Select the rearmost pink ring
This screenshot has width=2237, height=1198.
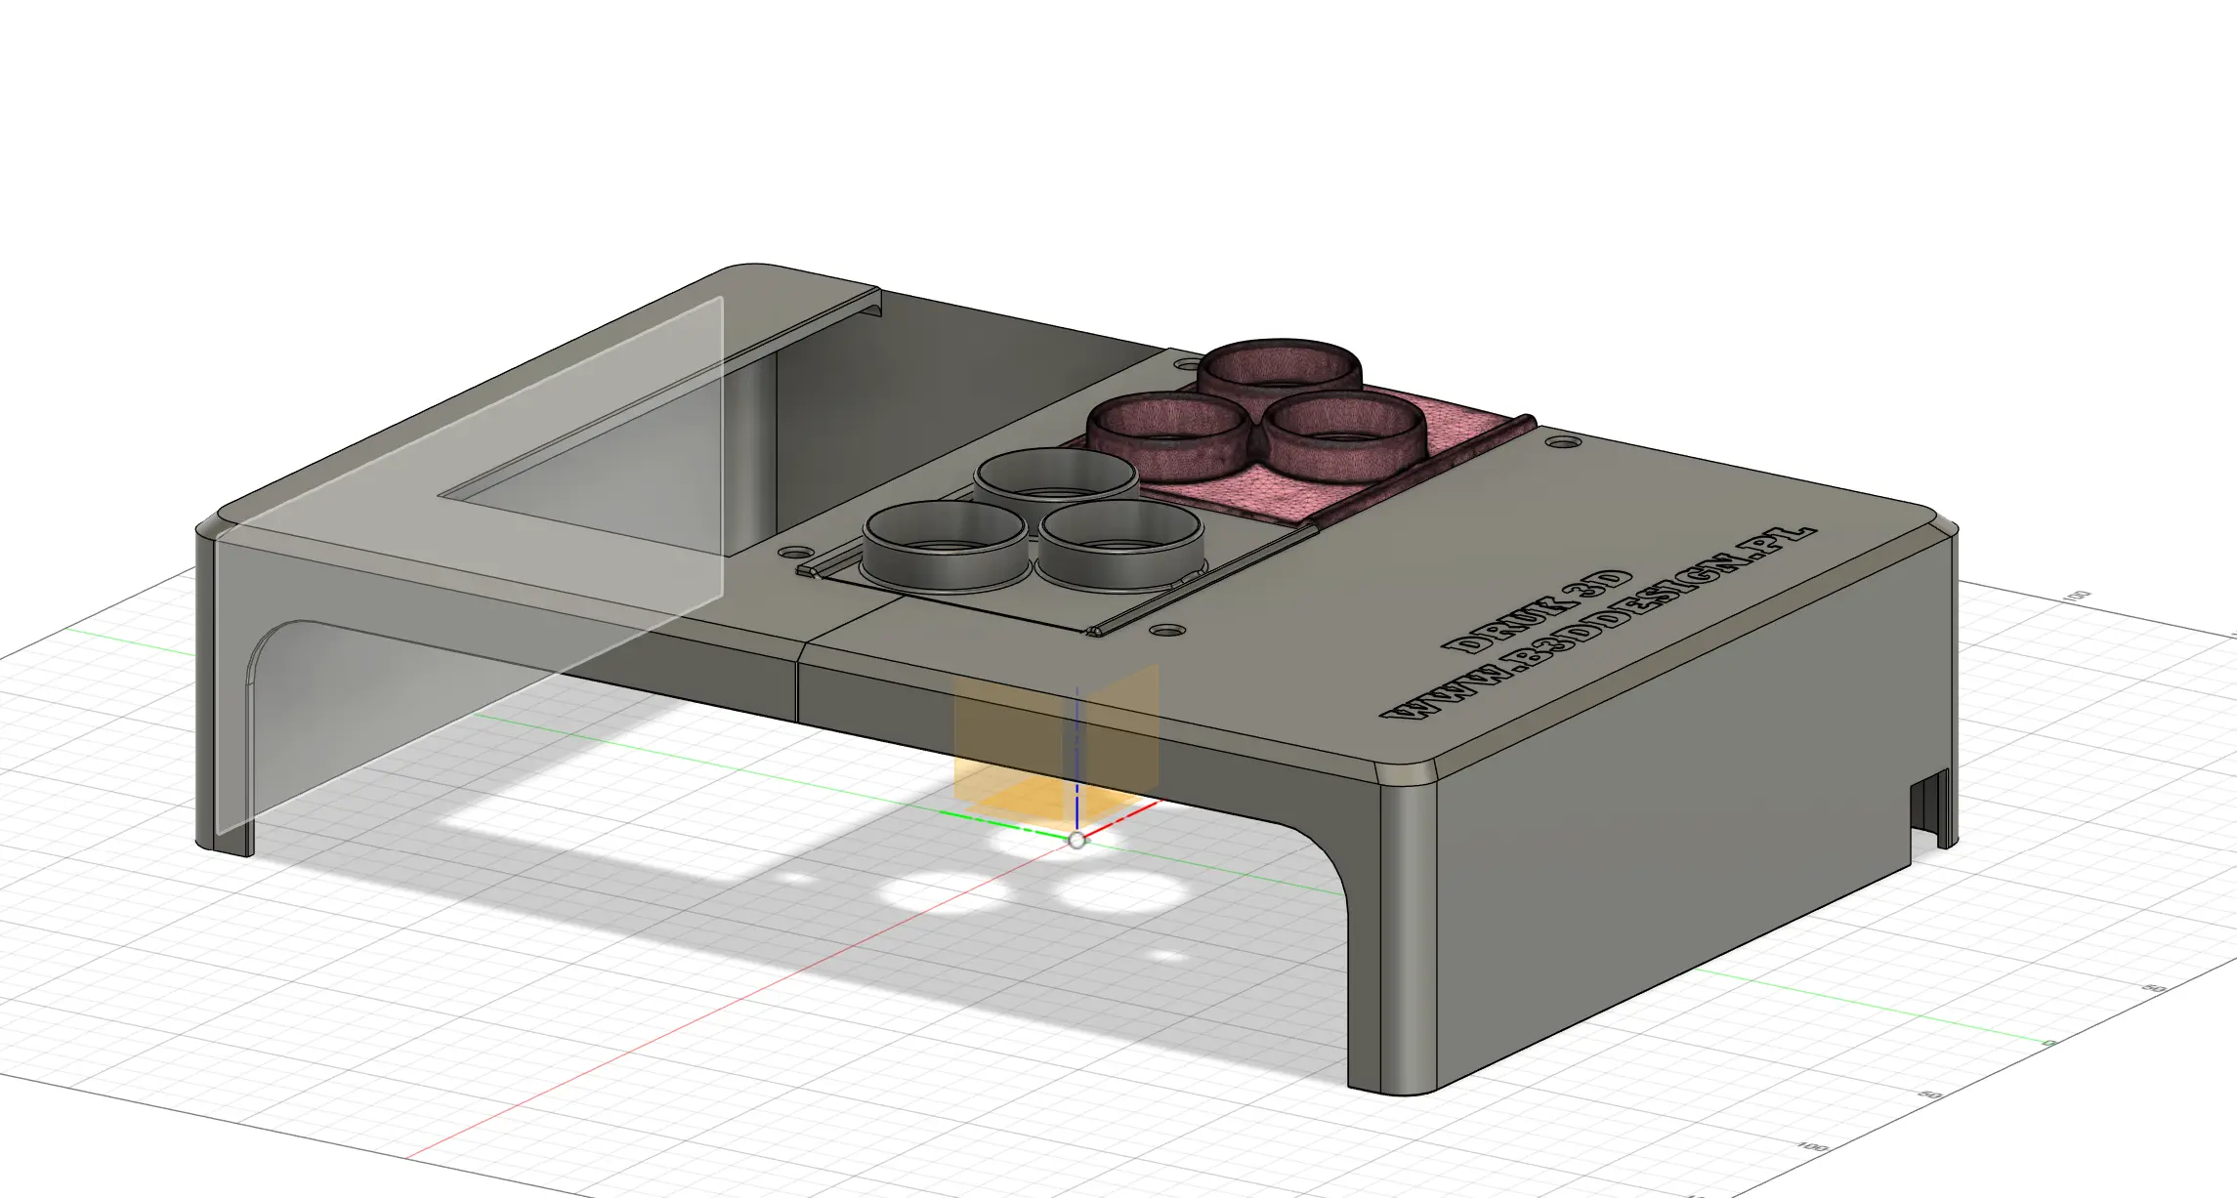pyautogui.click(x=1279, y=369)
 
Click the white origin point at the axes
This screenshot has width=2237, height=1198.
pyautogui.click(x=1076, y=841)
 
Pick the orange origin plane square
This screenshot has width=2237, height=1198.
pyautogui.click(x=1006, y=742)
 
